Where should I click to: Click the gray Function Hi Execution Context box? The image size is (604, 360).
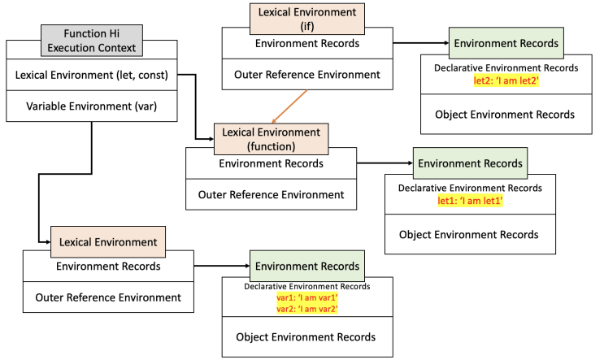[x=92, y=40]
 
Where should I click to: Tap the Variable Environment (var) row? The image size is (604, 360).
[x=92, y=106]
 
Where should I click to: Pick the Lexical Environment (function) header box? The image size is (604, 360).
[x=272, y=138]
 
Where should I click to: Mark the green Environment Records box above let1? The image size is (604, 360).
[x=470, y=163]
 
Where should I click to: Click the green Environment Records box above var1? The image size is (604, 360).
[x=306, y=266]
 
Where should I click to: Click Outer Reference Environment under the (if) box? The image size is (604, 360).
[x=306, y=76]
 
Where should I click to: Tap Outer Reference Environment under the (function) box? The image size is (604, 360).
[x=271, y=195]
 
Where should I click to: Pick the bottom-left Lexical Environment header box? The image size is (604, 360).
[x=108, y=241]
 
